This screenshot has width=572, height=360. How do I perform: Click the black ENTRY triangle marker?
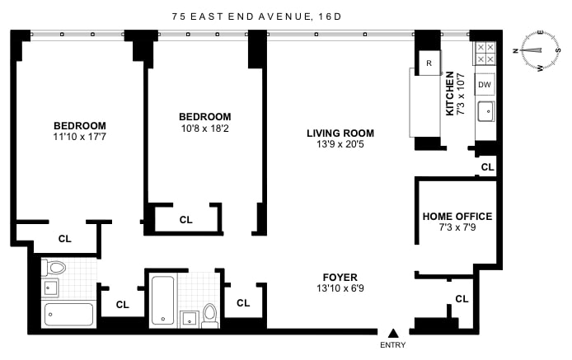tap(393, 333)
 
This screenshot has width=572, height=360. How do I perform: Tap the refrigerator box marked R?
tap(429, 63)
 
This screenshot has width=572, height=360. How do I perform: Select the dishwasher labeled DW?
tap(485, 85)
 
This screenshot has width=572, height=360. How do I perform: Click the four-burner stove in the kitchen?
tap(485, 54)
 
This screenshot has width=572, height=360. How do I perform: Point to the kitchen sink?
tap(486, 111)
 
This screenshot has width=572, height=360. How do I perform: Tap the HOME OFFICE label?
tap(457, 217)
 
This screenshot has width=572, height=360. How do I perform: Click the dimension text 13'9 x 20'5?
tap(340, 144)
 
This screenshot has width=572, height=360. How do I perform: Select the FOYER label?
tap(340, 277)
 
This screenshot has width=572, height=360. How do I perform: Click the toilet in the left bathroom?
tap(54, 268)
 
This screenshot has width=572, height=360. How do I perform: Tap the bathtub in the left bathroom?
tap(68, 314)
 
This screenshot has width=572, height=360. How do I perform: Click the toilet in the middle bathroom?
tap(209, 316)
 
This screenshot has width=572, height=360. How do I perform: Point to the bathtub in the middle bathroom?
tap(162, 300)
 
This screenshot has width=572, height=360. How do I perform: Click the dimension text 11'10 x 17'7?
tap(79, 137)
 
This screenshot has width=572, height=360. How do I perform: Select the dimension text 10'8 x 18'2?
tap(204, 129)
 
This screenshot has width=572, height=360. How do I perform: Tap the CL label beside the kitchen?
tap(487, 167)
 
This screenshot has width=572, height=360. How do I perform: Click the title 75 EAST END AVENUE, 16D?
tap(257, 16)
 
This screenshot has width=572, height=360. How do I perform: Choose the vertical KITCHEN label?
tap(450, 93)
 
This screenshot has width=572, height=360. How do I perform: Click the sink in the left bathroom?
tap(51, 288)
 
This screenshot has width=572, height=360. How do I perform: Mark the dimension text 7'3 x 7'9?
tap(457, 227)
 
